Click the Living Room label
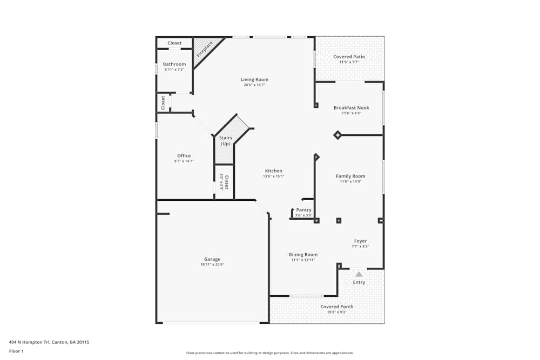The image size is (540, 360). coord(254,79)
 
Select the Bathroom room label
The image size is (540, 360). coord(174,64)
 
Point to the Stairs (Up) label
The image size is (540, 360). coord(225,141)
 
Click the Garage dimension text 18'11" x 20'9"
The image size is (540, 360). coord(212,264)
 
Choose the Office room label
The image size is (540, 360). coord(184,156)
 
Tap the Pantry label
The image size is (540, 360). coord(304,210)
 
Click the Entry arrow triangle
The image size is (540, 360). coord(359,274)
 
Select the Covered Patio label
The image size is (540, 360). coord(349,57)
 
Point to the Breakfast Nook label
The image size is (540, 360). coord(351,107)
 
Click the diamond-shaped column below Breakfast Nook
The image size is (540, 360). coord(337,135)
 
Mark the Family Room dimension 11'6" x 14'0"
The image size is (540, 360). coord(350,181)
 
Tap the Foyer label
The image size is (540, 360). coord(360,241)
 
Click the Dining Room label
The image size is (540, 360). coord(303,254)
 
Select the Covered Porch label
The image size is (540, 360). coord(336,307)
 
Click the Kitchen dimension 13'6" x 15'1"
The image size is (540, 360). coord(273,176)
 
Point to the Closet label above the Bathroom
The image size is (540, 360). coord(174,43)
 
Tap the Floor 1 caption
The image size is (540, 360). coord(16,351)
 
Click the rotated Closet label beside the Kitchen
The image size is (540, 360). coord(226,182)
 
